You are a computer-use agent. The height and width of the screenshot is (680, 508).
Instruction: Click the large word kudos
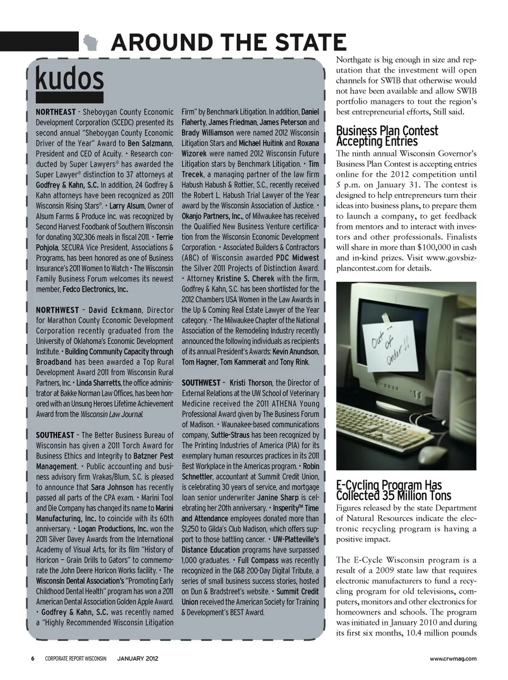click(69, 79)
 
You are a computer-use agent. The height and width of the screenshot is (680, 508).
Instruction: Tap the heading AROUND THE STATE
click(228, 42)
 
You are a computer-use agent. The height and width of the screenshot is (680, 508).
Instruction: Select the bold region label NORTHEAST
click(56, 112)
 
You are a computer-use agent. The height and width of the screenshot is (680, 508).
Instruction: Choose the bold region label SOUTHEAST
click(55, 435)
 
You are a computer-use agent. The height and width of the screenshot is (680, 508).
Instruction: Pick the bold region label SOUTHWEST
click(201, 383)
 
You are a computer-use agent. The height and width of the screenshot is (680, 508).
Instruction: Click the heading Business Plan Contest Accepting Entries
click(387, 136)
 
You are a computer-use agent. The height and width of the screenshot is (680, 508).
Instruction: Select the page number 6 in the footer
click(32, 659)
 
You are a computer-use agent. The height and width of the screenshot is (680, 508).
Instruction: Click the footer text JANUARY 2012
click(137, 659)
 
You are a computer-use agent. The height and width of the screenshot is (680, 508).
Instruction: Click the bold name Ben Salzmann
click(150, 144)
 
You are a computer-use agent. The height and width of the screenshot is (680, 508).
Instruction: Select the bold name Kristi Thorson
click(251, 383)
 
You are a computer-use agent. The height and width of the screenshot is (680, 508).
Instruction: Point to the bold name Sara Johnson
click(112, 487)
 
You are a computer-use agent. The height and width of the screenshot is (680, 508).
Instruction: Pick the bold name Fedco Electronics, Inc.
click(95, 289)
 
